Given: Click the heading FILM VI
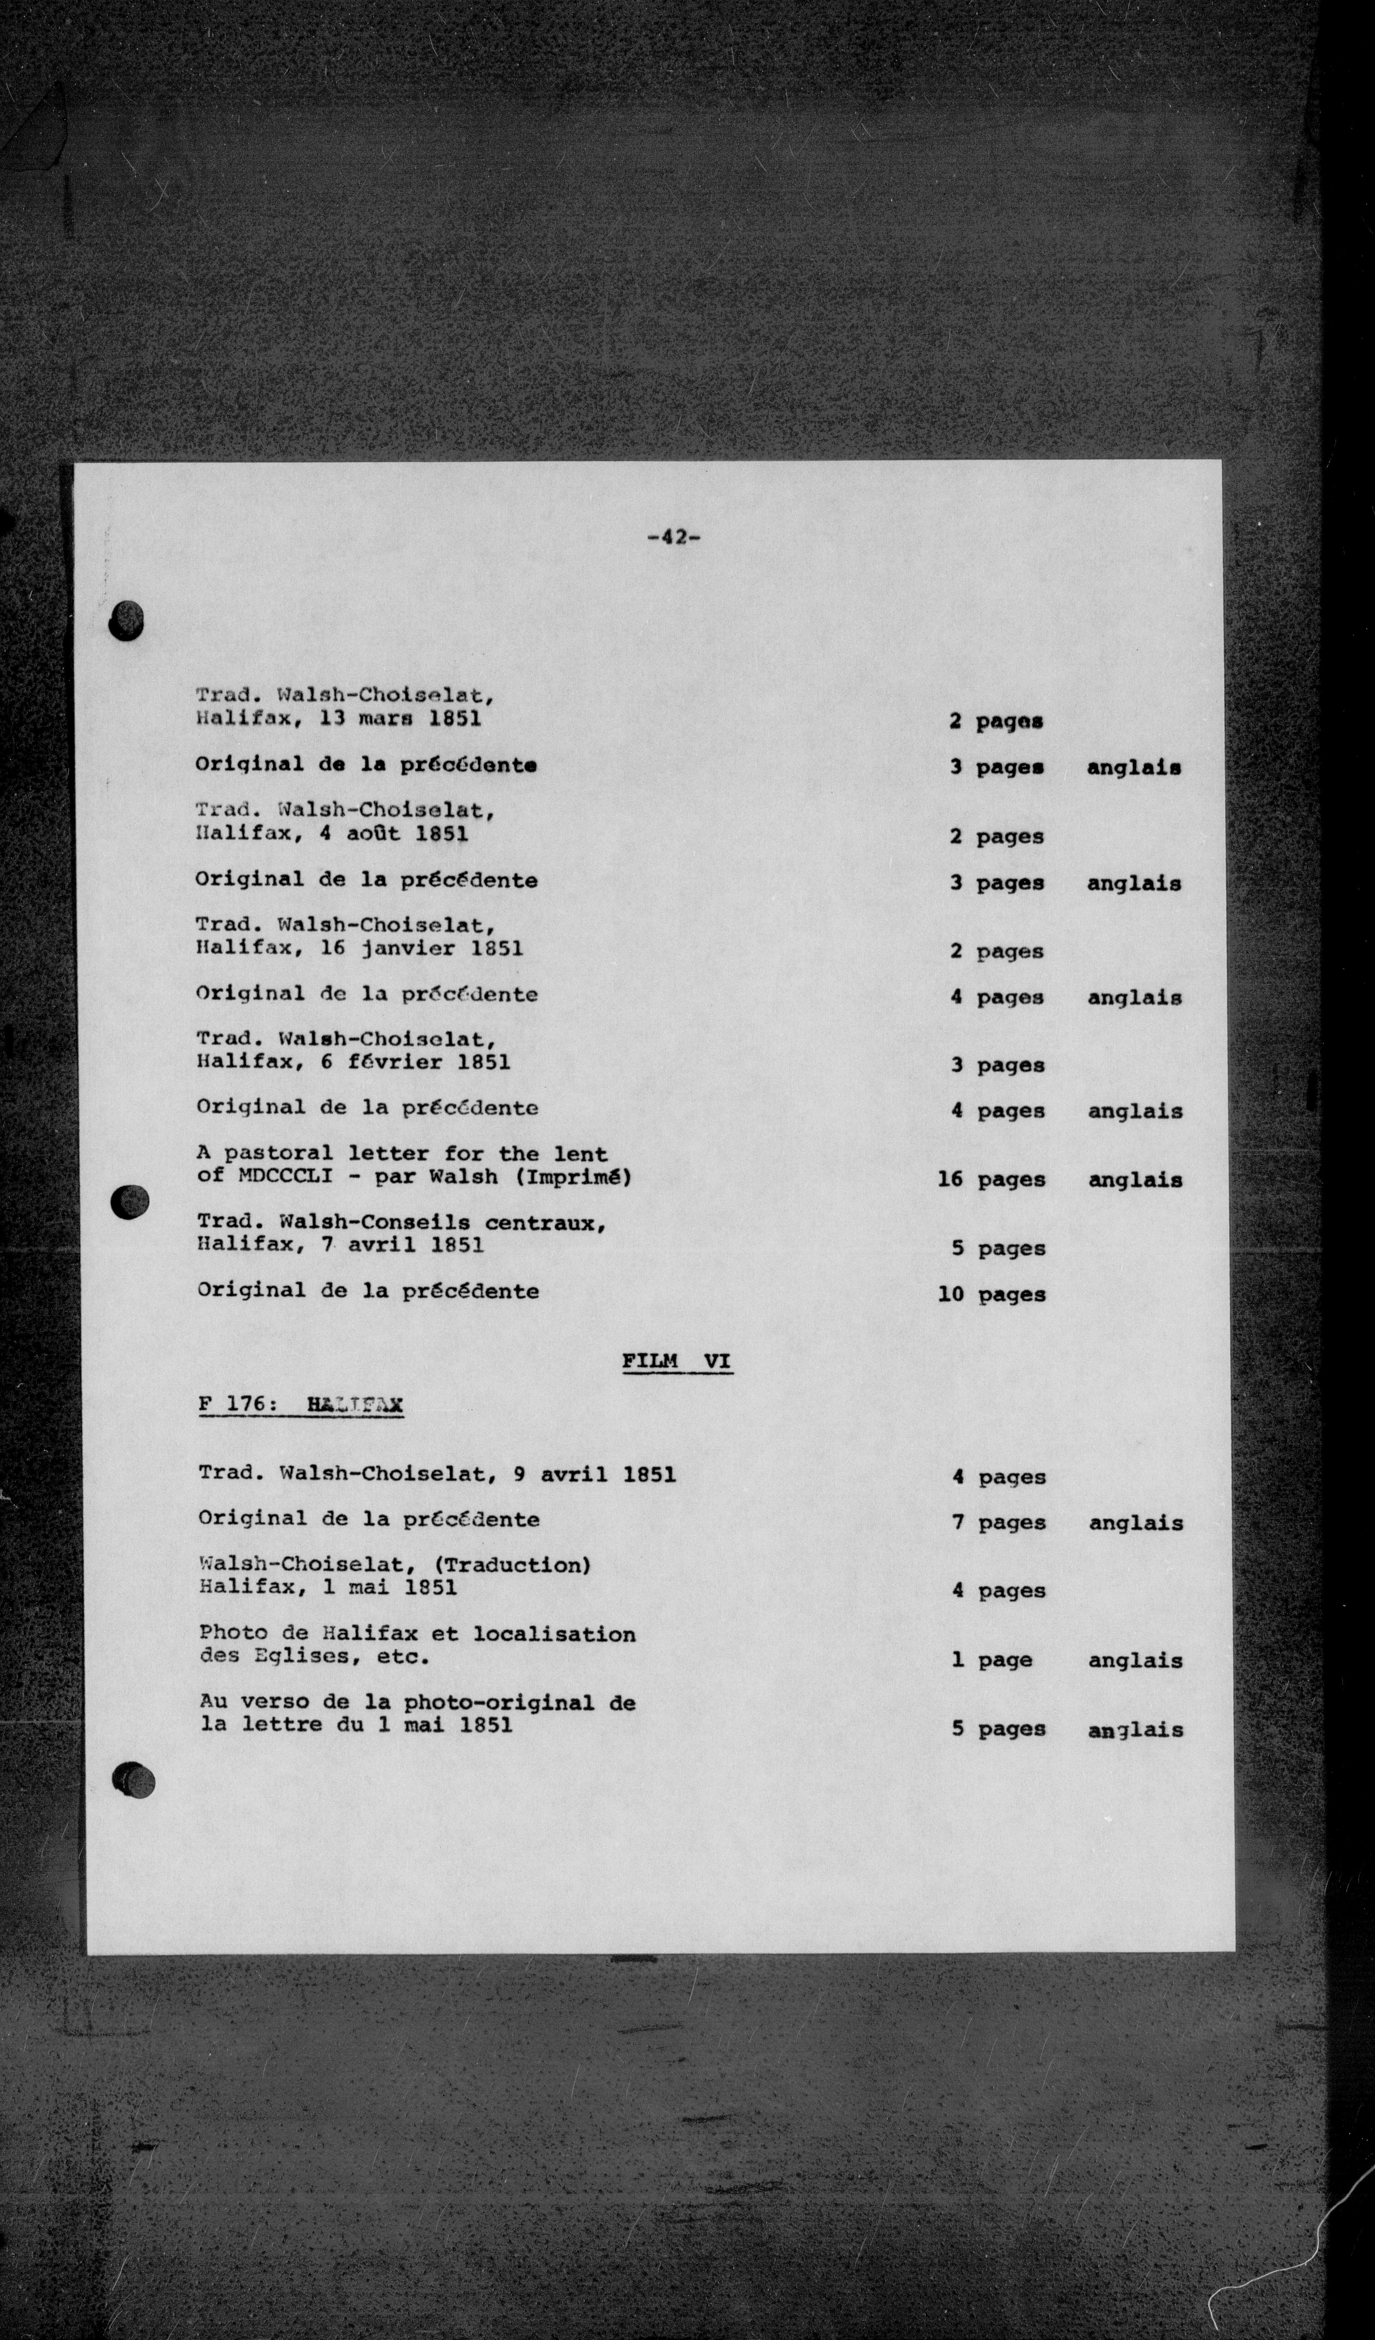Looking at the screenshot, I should click(x=677, y=1361).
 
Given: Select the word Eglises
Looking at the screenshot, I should click(x=303, y=1656).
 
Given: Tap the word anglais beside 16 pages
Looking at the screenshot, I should click(x=1134, y=1180).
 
